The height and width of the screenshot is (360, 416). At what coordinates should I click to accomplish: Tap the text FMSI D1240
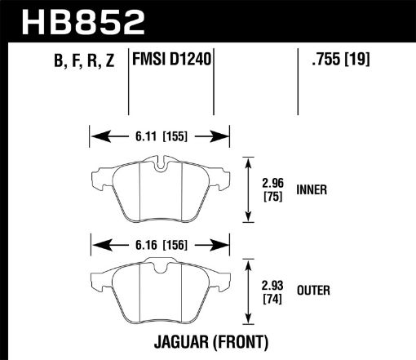[x=170, y=60]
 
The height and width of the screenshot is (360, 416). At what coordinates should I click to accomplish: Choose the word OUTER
[x=314, y=289]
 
